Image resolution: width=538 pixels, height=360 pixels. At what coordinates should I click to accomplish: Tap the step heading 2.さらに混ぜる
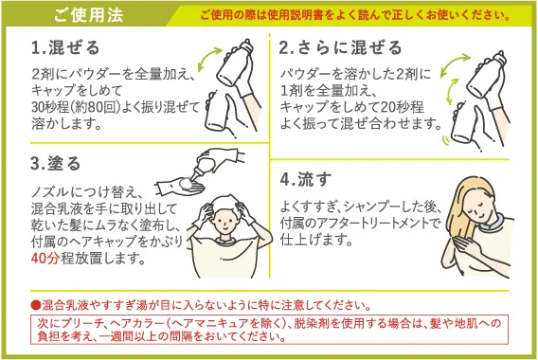click(340, 47)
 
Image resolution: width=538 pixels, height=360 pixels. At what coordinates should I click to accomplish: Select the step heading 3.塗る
click(56, 163)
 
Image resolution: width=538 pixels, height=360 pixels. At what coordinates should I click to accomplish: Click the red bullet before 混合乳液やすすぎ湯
click(35, 305)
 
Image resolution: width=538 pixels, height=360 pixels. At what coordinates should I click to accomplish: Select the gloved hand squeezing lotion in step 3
click(180, 181)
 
